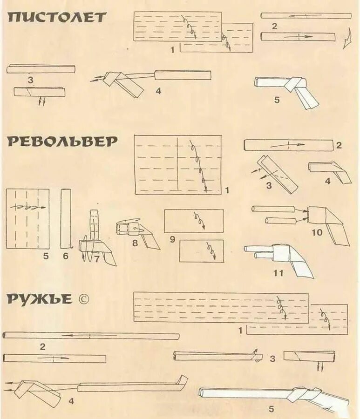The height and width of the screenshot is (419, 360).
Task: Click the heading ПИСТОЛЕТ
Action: click(x=57, y=18)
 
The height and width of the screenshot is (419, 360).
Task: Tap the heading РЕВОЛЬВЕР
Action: click(x=62, y=142)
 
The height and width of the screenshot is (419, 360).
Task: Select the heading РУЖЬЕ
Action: click(x=40, y=298)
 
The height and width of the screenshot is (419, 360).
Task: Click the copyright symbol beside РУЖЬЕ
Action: click(x=82, y=299)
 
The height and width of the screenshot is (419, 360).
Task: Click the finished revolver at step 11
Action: click(x=279, y=257)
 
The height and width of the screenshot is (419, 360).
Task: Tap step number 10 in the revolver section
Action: click(x=317, y=232)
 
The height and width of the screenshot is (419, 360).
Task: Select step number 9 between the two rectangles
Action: click(x=172, y=240)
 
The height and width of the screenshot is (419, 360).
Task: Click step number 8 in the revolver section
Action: click(x=135, y=243)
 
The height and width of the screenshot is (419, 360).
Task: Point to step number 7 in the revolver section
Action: click(x=97, y=259)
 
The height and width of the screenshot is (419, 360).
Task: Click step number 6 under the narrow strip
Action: click(x=66, y=256)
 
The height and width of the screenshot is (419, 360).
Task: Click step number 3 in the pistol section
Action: click(x=30, y=80)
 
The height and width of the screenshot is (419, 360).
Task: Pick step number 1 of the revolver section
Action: click(x=227, y=190)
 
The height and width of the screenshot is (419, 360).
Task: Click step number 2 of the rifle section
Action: click(x=42, y=346)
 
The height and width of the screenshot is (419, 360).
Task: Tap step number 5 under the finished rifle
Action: click(x=271, y=409)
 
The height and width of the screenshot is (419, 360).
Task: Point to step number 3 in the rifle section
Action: click(x=272, y=358)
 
